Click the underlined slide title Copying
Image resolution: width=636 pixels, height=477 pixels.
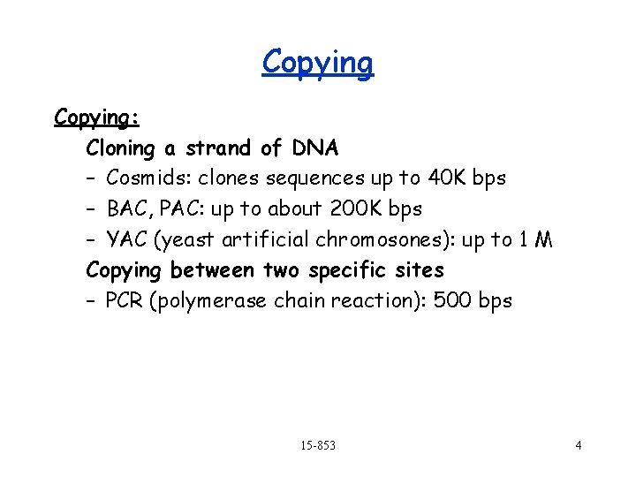click(x=318, y=64)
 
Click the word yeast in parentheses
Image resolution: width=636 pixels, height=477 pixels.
click(x=191, y=239)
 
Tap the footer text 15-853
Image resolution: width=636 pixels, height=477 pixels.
click(x=317, y=445)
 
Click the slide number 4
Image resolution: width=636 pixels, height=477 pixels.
click(x=578, y=445)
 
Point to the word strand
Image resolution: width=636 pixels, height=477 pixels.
click(x=220, y=148)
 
